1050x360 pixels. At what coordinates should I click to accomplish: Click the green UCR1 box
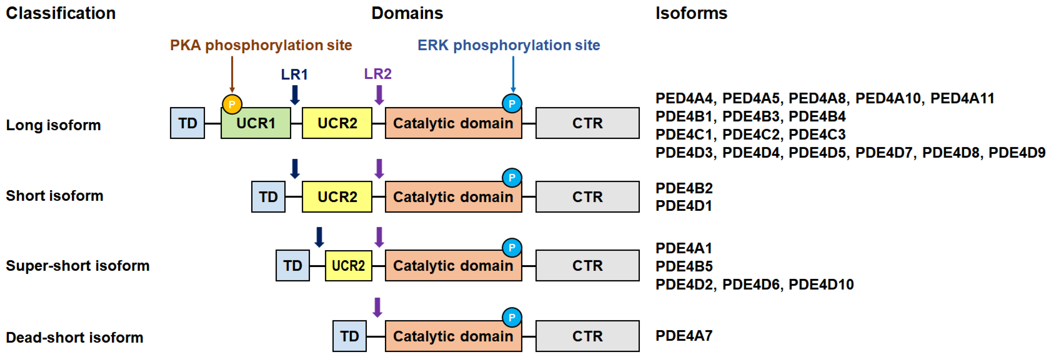tap(256, 123)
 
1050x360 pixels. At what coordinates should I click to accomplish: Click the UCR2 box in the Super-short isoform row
tap(348, 266)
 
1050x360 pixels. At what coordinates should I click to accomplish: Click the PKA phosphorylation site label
tap(261, 45)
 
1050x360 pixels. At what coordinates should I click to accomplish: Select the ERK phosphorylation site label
tap(508, 45)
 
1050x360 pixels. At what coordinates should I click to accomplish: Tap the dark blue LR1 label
tap(294, 75)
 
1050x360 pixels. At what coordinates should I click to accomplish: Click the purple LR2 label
tap(378, 74)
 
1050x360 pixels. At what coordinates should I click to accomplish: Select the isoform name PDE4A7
tap(684, 336)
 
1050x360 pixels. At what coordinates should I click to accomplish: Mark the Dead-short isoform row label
tap(75, 338)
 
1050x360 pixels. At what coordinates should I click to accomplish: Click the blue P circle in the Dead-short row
tap(512, 317)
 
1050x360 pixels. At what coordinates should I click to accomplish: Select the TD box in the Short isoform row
tap(268, 197)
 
